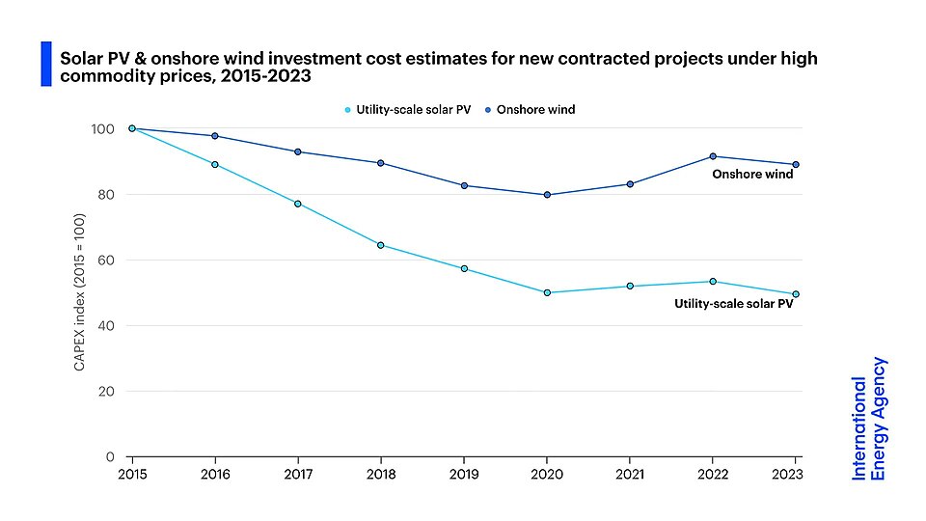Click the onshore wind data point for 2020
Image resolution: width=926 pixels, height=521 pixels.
point(547,195)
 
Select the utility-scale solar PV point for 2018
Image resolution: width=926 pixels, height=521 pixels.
point(381,245)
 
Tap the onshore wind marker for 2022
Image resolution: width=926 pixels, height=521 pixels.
point(713,156)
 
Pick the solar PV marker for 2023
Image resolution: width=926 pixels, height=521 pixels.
point(796,294)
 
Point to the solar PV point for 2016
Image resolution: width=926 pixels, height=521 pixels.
point(215,165)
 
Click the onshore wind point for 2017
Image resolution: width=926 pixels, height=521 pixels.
point(298,152)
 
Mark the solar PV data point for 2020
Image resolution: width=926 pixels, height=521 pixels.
point(547,292)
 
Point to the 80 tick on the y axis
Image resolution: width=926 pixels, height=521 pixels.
point(106,195)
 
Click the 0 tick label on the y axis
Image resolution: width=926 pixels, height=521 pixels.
point(110,456)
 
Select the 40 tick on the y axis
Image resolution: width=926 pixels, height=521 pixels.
point(106,326)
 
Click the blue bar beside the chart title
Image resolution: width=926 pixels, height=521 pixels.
point(45,64)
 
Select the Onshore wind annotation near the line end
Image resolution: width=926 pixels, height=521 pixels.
point(752,175)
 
